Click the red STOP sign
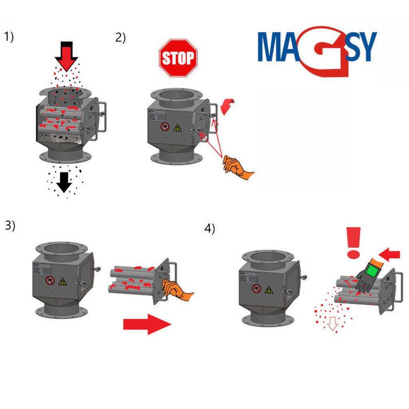(178, 58)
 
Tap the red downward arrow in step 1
(66, 55)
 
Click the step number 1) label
(9, 37)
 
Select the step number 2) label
(120, 38)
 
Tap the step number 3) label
(10, 225)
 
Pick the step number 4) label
(210, 228)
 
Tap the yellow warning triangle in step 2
(177, 128)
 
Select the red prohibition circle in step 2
(165, 127)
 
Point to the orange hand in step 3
(176, 290)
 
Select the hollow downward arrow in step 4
(332, 326)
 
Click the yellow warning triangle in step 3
(62, 282)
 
